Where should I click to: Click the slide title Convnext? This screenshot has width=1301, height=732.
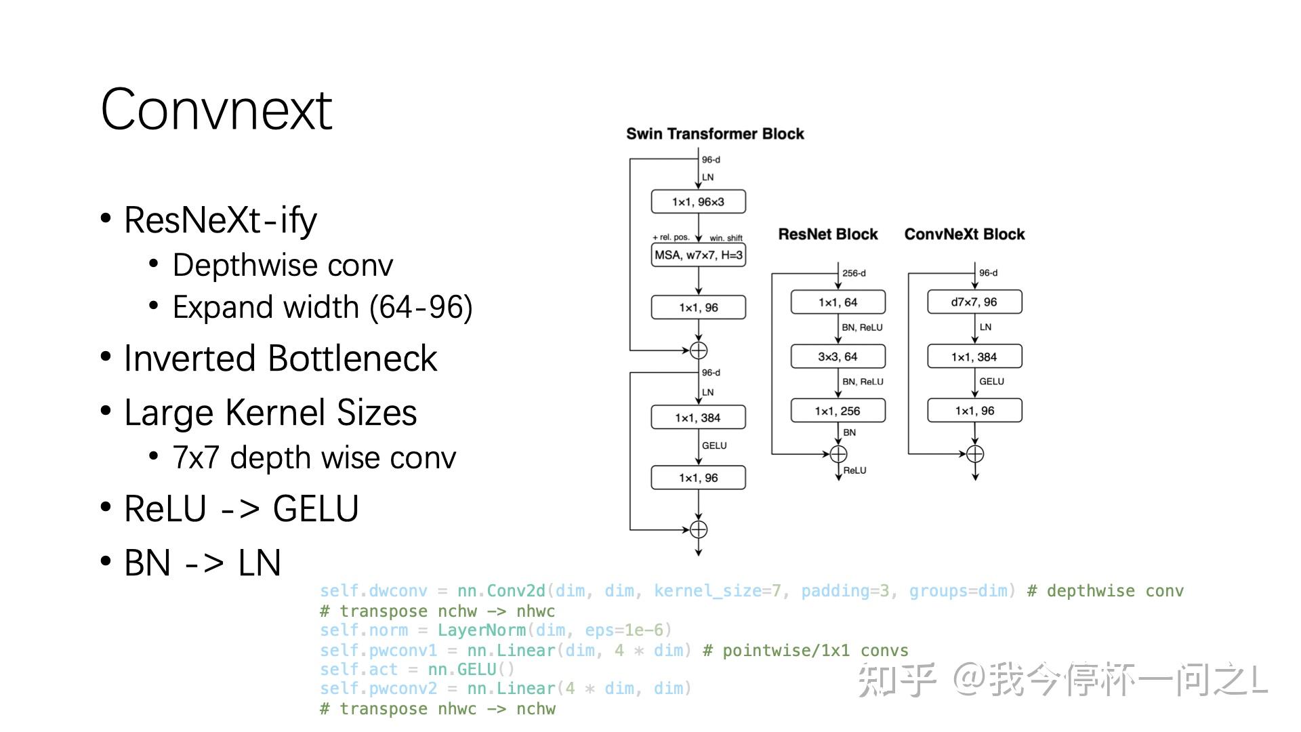click(216, 110)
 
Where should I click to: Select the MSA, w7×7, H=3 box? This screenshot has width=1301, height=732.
click(698, 255)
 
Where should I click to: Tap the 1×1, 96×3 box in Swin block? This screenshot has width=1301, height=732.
click(698, 202)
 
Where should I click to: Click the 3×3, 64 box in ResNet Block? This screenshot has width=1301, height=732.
click(838, 357)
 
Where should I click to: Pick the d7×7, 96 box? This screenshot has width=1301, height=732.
click(974, 302)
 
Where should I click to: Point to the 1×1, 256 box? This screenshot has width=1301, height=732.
click(838, 411)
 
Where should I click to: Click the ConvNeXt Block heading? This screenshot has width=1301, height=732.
click(964, 235)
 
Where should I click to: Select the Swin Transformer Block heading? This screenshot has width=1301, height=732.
click(715, 134)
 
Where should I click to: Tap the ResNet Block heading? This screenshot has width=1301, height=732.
click(827, 235)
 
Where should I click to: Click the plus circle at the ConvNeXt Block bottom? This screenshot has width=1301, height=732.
click(974, 454)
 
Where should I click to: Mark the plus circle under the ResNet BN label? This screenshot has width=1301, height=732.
click(838, 454)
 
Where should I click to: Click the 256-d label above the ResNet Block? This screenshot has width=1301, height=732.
click(854, 273)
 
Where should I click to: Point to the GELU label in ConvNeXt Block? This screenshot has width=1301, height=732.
click(991, 382)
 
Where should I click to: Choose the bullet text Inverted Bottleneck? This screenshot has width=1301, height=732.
click(281, 359)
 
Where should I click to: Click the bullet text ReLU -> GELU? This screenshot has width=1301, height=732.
click(241, 509)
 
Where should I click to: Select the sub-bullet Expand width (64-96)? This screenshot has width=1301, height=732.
click(323, 307)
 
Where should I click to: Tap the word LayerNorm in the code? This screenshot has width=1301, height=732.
click(481, 630)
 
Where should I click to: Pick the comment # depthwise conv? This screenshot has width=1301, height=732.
click(1105, 591)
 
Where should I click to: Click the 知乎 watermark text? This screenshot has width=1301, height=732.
click(896, 680)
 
